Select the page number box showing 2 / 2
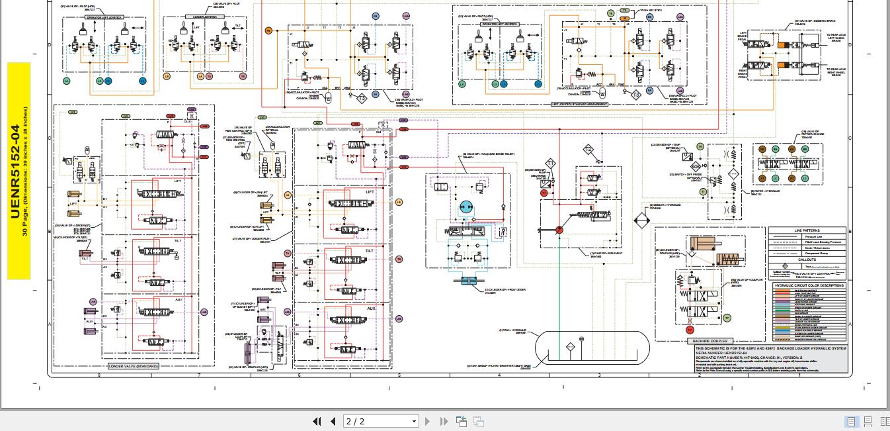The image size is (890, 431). [382, 421]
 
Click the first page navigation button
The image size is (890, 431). [317, 421]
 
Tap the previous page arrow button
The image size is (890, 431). [333, 421]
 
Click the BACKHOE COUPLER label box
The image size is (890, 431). [709, 342]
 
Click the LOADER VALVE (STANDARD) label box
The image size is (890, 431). [134, 365]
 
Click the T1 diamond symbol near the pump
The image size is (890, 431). [549, 163]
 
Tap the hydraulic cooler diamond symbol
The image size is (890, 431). [640, 220]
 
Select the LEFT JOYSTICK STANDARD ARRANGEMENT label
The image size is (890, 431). [579, 104]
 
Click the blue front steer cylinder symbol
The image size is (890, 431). [468, 282]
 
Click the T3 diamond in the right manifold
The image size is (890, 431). [635, 95]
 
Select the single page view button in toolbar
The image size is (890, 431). [851, 421]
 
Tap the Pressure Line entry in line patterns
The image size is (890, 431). [813, 236]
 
